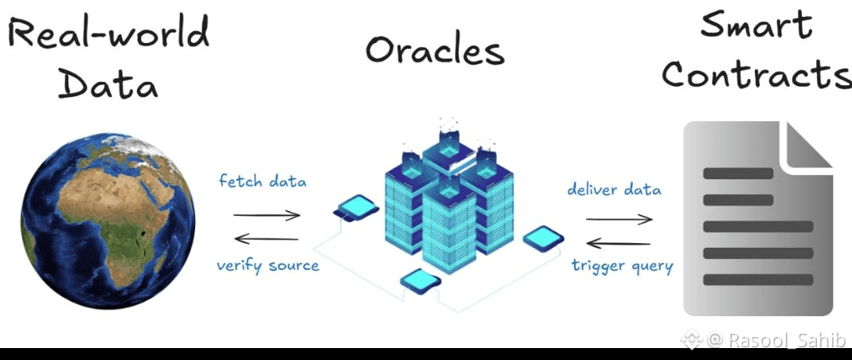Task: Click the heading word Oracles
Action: [435, 51]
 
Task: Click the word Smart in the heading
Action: [756, 26]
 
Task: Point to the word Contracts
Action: [756, 75]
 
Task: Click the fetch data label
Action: [263, 182]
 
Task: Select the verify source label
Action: [268, 265]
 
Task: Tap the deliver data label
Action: [614, 190]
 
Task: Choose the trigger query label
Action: [622, 265]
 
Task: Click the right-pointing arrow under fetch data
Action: [267, 214]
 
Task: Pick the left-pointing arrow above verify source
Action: [267, 238]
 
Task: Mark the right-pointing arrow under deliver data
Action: [619, 219]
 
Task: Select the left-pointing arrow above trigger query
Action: [619, 243]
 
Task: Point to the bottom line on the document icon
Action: [757, 280]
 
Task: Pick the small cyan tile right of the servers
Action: [544, 236]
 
